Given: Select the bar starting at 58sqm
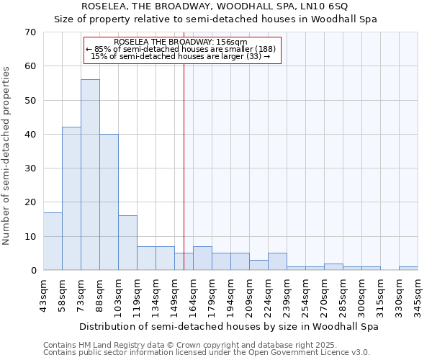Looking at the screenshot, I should tap(71, 199).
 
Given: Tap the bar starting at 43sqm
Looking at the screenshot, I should tap(53, 241).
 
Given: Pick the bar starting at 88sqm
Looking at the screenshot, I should tap(109, 202).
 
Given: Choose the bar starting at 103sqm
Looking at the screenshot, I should tap(127, 243).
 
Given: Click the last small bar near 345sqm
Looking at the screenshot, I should tap(408, 269).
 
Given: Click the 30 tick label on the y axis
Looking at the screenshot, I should tap(30, 168).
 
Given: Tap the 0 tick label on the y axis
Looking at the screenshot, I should tap(33, 271).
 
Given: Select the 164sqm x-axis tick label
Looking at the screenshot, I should tap(194, 294).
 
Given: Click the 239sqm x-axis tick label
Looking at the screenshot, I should tap(287, 294).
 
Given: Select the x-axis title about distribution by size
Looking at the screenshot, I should tap(229, 326).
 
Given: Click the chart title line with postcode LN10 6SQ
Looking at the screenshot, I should tap(215, 6).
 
